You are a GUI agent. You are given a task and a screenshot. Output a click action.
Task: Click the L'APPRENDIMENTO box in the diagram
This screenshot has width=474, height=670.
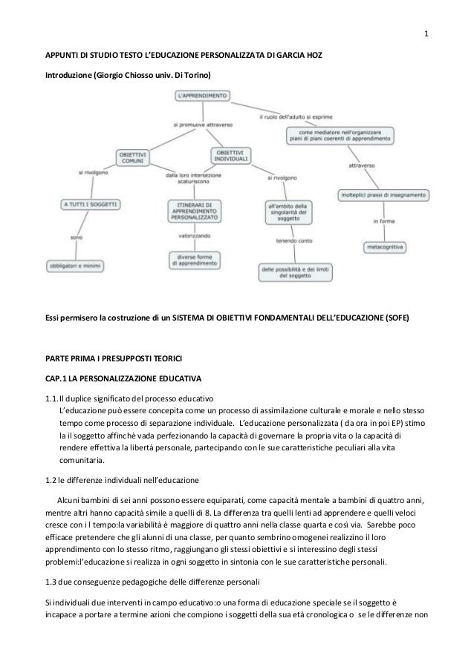pyautogui.click(x=203, y=95)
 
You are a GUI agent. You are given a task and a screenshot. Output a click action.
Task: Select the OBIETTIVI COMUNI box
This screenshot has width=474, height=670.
pyautogui.click(x=133, y=158)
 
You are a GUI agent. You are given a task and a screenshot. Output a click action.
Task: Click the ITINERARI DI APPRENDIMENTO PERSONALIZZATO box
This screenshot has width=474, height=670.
pyautogui.click(x=191, y=211)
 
